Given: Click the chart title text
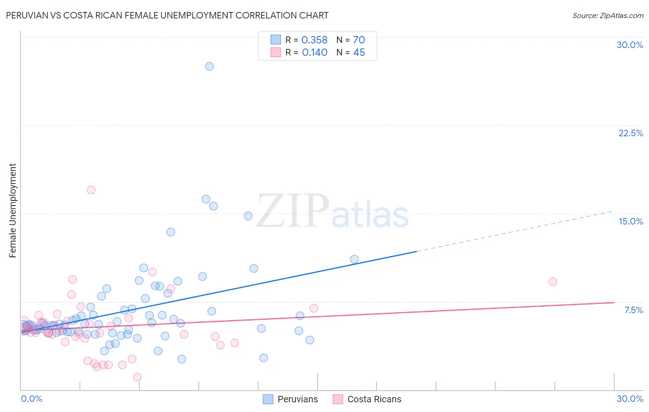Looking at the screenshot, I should coord(167,15).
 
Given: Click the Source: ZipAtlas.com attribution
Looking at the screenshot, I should coord(607,15).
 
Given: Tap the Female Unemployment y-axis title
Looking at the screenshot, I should coord(13,211).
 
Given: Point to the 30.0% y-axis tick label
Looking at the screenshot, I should coord(630,45).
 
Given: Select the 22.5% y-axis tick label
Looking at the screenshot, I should coord(631,133).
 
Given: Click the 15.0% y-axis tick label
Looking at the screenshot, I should coord(631,221).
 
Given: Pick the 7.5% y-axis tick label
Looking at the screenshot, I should coord(633,310).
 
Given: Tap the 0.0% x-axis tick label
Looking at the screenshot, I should coord(31,399).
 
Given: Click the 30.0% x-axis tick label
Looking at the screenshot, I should coord(630,399).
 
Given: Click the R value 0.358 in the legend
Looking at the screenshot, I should coord(314,40).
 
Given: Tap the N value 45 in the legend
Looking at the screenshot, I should coord(359,53).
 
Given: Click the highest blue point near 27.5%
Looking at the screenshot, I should coord(209,66).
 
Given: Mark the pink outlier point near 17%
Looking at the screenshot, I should coord(91,190).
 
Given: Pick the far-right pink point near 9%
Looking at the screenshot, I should coord(553,282).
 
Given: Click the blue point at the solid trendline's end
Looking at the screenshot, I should coord(354,259).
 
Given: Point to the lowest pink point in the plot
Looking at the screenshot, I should coord(137,377).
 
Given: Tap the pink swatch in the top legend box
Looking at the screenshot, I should coord(276,53).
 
